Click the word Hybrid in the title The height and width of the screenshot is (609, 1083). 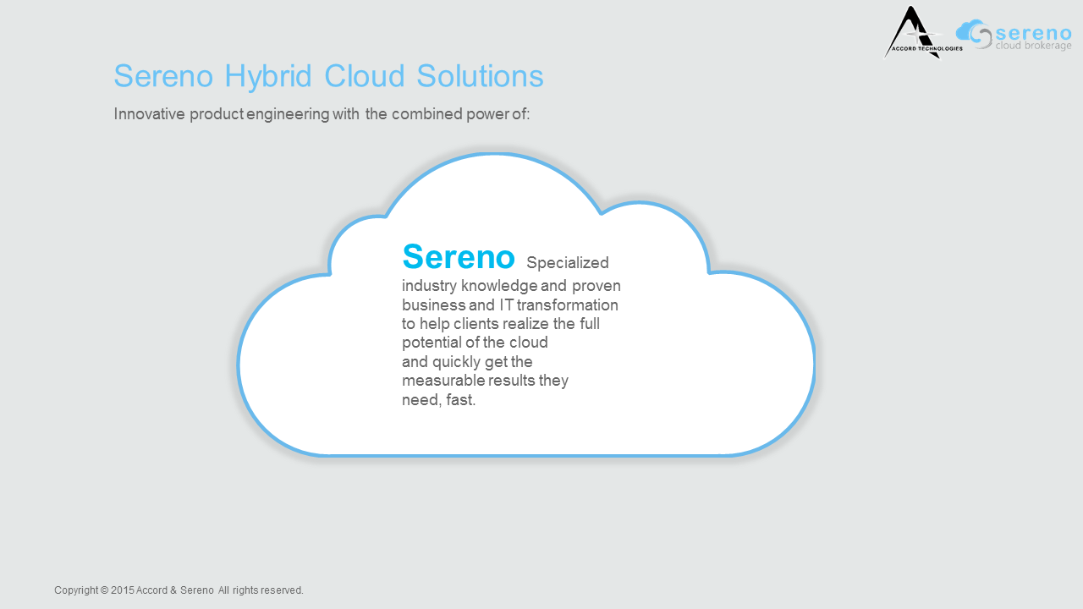(x=268, y=76)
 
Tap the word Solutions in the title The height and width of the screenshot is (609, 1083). (x=480, y=76)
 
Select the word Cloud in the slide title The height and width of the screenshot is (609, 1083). (x=364, y=76)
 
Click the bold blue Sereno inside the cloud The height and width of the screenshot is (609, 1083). (x=459, y=256)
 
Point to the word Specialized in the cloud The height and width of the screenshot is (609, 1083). (x=568, y=262)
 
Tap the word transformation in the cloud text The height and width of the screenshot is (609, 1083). (x=567, y=305)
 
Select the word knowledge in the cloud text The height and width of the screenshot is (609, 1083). (x=499, y=286)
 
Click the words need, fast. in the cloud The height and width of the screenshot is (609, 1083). (x=439, y=400)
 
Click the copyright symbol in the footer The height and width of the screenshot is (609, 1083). (x=104, y=590)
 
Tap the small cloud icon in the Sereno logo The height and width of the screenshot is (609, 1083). (x=973, y=33)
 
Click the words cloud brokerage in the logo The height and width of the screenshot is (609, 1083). (x=1033, y=46)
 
